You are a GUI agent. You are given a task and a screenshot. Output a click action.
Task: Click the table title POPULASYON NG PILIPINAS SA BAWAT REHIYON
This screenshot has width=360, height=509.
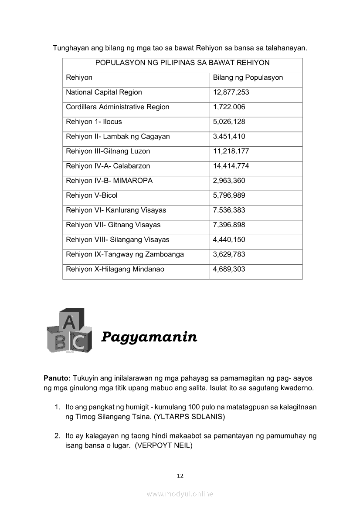(182, 63)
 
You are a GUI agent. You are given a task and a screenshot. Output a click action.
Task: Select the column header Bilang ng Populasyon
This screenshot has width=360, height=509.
(248, 78)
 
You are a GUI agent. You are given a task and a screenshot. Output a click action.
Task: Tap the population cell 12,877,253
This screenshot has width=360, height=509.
(231, 92)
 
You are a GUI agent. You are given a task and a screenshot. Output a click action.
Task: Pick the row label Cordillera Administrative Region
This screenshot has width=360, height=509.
(117, 107)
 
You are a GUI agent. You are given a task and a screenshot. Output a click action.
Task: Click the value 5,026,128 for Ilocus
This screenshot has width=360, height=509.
(229, 122)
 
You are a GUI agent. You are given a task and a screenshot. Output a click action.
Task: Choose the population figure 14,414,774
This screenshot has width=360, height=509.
(231, 166)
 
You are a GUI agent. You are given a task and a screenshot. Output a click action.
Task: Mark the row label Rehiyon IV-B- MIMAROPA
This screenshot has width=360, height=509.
(109, 181)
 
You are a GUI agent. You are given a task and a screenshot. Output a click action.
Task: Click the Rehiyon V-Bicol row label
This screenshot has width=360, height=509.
(92, 196)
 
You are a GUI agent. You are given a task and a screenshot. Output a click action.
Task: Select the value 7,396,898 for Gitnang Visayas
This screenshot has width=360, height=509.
(229, 225)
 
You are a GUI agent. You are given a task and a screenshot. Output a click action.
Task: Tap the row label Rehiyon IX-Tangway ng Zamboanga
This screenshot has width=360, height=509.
(125, 254)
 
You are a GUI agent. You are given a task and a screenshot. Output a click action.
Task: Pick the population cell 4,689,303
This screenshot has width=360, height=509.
(229, 269)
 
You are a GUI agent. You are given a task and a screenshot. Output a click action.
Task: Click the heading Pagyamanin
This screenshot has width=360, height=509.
(149, 337)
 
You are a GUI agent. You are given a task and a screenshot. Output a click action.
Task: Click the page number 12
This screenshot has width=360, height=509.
(180, 476)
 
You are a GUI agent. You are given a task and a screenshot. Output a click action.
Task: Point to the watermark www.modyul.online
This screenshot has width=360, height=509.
(180, 494)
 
